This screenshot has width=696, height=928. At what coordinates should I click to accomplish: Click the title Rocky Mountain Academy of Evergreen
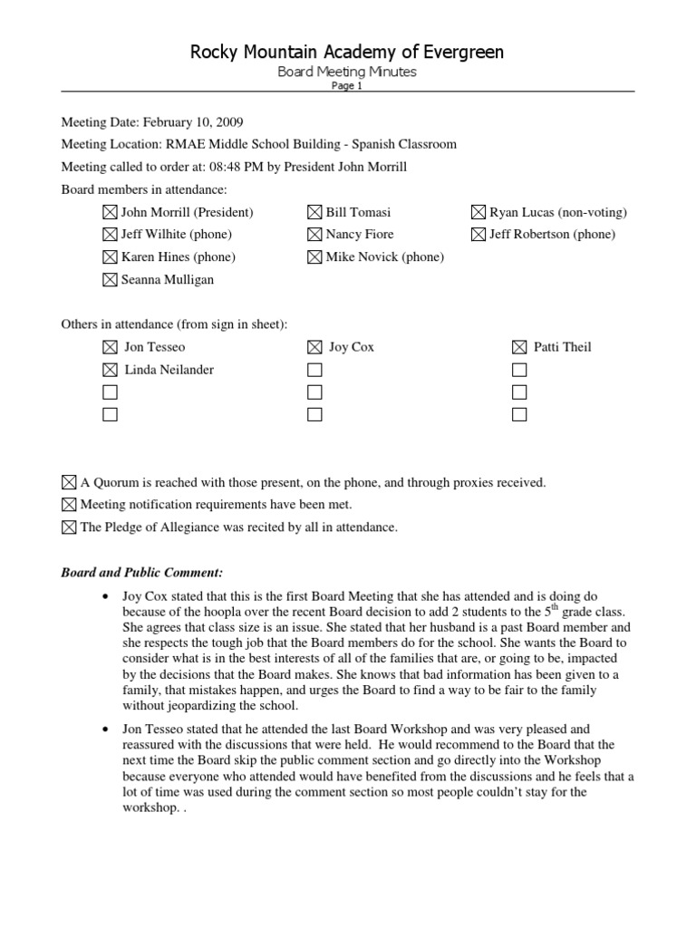click(x=347, y=53)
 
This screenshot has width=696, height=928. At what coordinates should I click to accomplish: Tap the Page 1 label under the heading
click(x=347, y=85)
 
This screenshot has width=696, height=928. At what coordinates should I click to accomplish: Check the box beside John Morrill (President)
click(x=110, y=212)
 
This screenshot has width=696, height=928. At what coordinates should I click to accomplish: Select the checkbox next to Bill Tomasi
click(x=314, y=212)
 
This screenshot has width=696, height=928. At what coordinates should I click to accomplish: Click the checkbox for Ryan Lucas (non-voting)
click(x=478, y=212)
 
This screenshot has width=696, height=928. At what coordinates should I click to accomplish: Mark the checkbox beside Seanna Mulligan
click(x=110, y=280)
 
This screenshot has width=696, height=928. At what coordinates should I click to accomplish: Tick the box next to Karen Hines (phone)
click(x=110, y=257)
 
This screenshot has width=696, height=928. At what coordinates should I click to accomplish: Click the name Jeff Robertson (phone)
click(x=552, y=235)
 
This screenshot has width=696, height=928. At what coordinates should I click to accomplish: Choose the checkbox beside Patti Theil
click(x=519, y=347)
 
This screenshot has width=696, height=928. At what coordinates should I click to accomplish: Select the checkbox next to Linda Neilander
click(x=110, y=370)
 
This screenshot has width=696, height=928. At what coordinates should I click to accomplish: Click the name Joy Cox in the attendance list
click(x=352, y=347)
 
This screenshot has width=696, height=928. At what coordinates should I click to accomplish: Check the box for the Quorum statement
click(x=69, y=483)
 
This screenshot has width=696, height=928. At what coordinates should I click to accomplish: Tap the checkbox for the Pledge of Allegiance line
click(x=69, y=527)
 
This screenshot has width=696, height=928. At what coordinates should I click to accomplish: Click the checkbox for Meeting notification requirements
click(x=69, y=505)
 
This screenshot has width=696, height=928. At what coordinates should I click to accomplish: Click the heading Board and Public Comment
click(x=141, y=573)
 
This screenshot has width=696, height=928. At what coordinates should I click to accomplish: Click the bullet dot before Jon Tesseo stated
click(x=107, y=729)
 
